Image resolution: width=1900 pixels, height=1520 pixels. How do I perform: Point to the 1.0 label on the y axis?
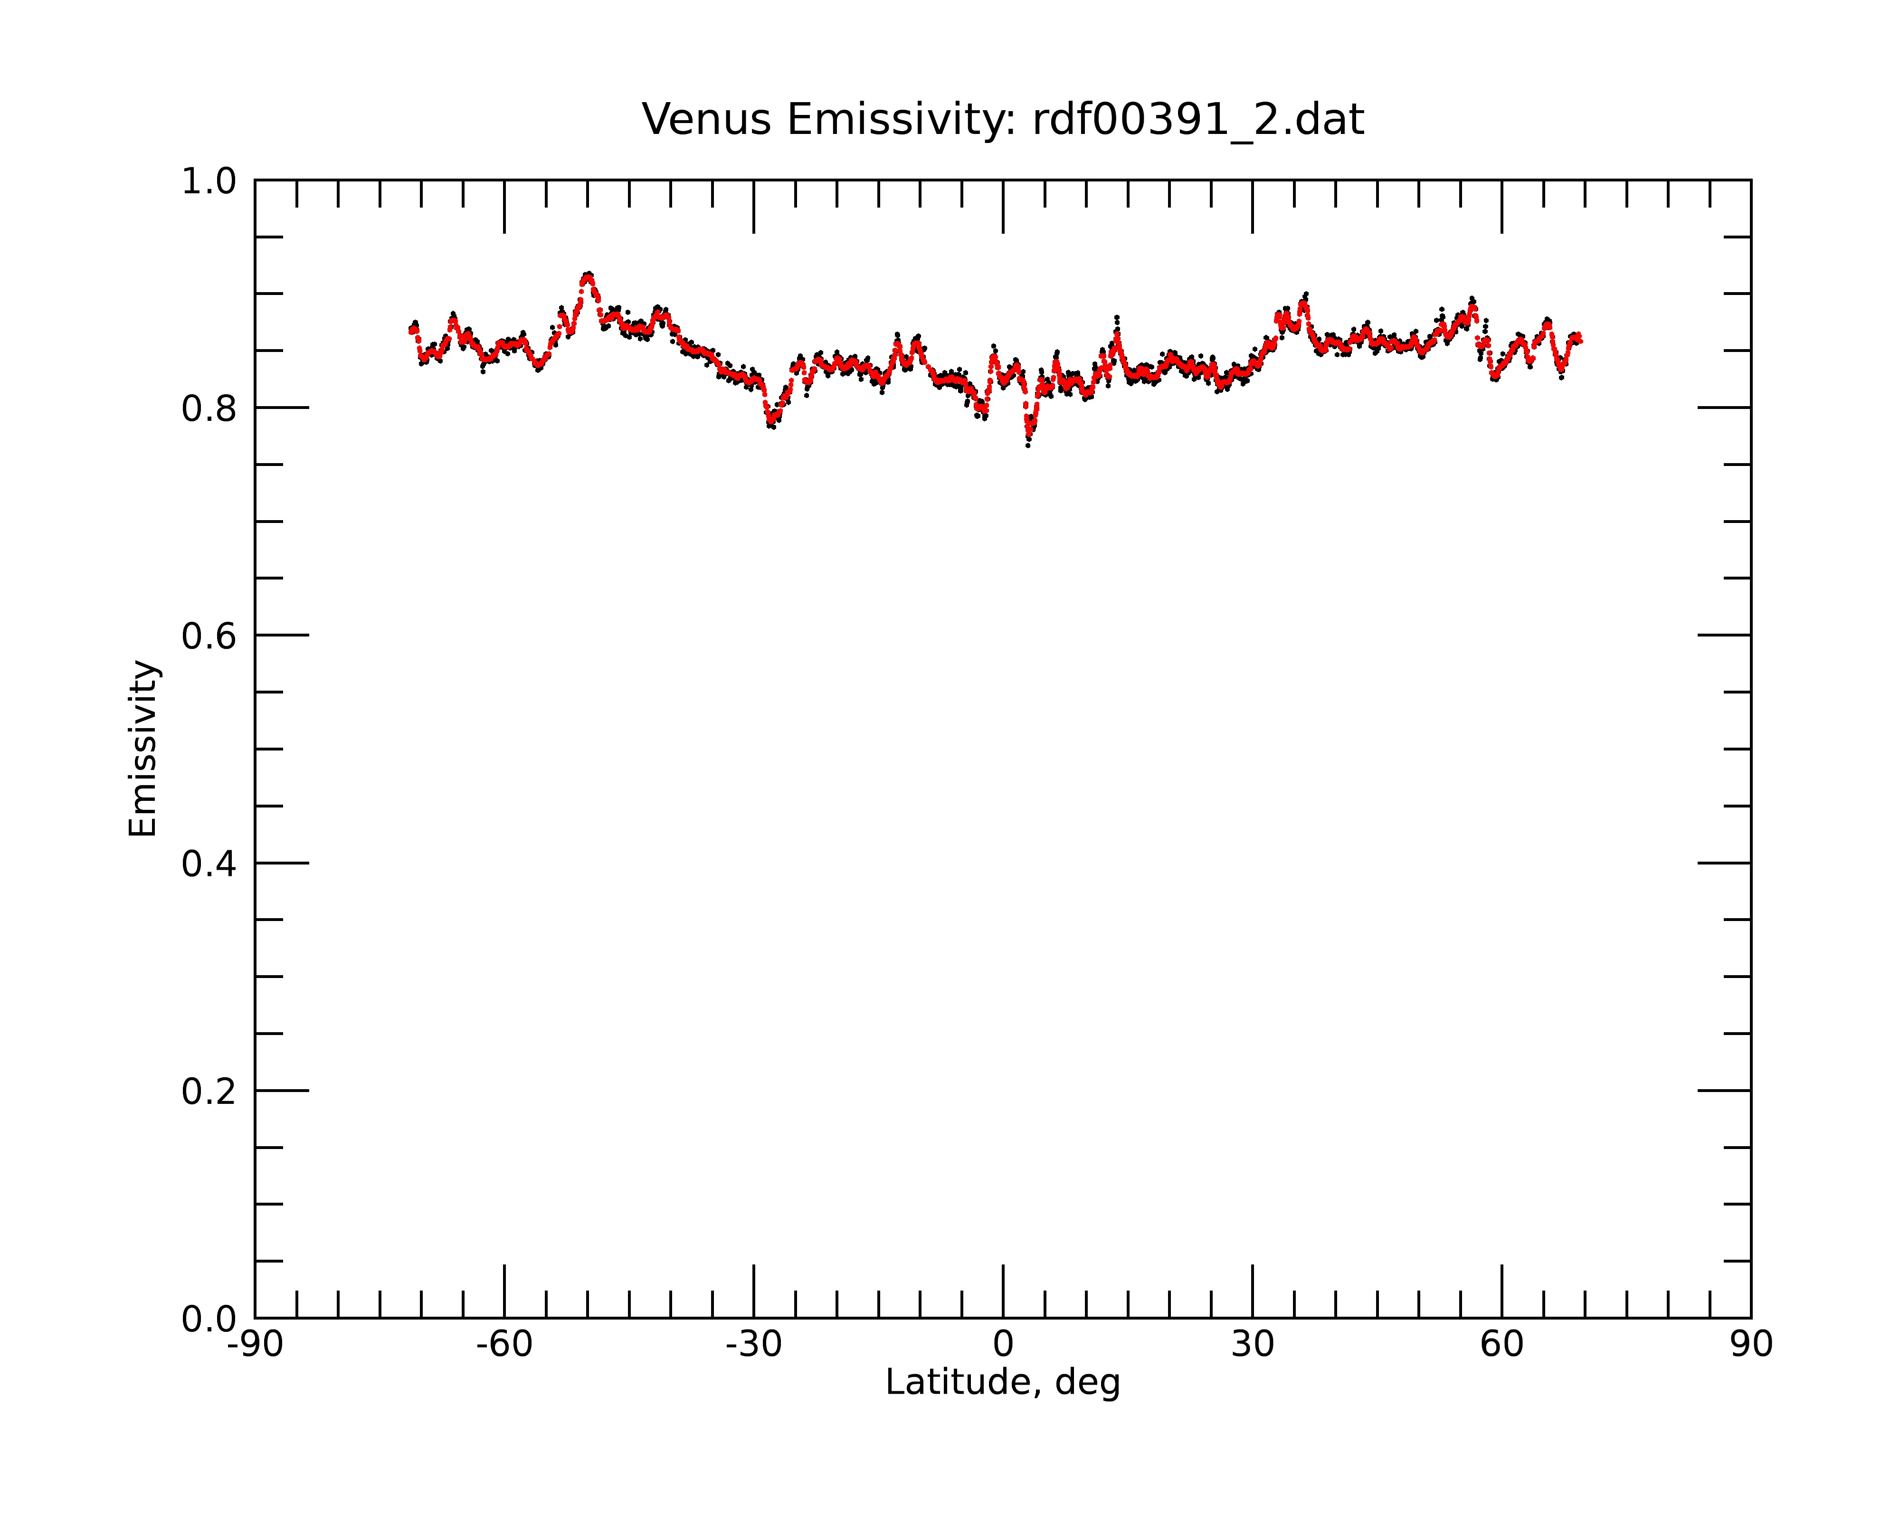point(209,181)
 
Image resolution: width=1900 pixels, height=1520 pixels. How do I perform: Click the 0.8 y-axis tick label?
point(209,409)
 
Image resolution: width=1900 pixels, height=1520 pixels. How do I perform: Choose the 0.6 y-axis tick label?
point(209,636)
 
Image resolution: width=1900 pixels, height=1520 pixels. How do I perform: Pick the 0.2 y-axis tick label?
point(209,1092)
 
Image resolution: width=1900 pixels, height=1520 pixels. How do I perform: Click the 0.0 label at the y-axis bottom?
point(209,1319)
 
